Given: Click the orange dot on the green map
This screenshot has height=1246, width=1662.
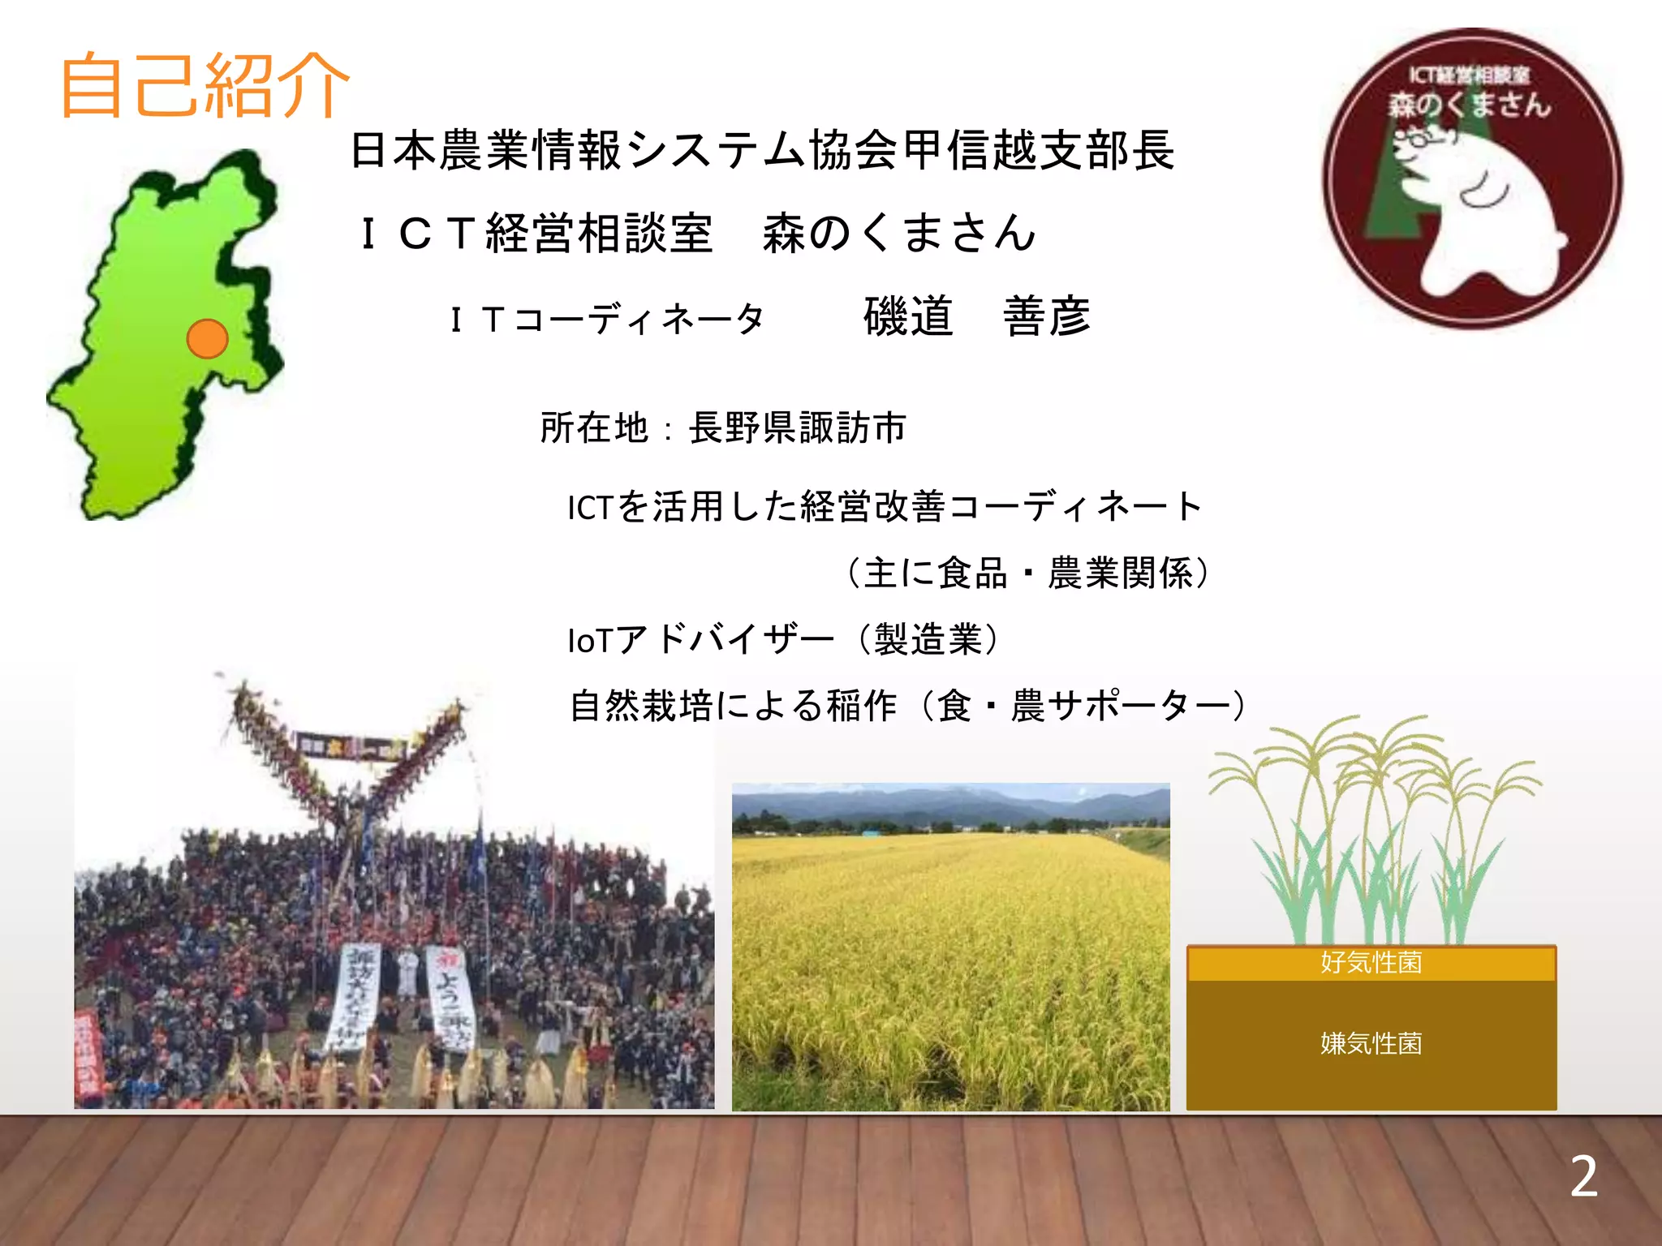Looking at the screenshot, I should pyautogui.click(x=207, y=338).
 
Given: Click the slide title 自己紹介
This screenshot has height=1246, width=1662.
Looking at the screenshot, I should pyautogui.click(x=205, y=85).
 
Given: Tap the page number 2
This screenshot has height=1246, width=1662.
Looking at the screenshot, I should pyautogui.click(x=1583, y=1177).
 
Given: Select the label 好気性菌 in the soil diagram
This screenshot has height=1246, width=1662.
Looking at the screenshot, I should pyautogui.click(x=1371, y=963).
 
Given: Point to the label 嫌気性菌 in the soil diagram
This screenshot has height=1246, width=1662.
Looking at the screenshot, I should pyautogui.click(x=1371, y=1043).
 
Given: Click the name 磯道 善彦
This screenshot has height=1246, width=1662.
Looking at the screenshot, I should pyautogui.click(x=977, y=316).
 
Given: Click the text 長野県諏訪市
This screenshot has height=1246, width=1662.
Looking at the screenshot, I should pyautogui.click(x=797, y=428).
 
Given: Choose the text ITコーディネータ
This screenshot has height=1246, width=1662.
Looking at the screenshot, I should pyautogui.click(x=607, y=319).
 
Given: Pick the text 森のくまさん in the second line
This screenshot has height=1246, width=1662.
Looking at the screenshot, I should pyautogui.click(x=899, y=233).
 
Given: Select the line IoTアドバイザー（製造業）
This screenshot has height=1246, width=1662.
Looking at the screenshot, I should pyautogui.click(x=784, y=639).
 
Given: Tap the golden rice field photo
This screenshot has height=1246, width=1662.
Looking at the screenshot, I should pyautogui.click(x=950, y=973).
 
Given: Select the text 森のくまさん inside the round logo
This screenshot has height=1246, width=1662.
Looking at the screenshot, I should pyautogui.click(x=1469, y=105).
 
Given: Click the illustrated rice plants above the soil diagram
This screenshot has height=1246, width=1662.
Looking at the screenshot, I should pyautogui.click(x=1371, y=836).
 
